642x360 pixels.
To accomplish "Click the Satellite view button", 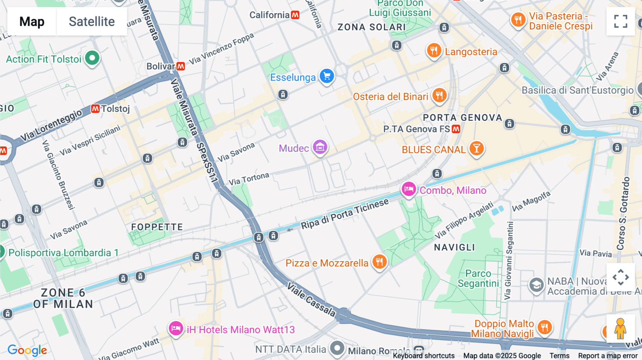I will point(92,21).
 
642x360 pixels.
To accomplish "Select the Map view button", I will point(32,21).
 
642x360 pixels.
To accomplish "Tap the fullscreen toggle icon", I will point(621,21).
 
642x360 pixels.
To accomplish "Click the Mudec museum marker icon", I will point(320,147).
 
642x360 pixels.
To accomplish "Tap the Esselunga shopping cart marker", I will point(327,76).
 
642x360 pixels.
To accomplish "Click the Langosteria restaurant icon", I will point(434,51).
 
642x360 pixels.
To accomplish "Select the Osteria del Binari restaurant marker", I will point(439,96).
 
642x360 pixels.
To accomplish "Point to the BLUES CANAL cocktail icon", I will point(477,148).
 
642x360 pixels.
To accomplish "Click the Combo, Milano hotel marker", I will point(409,189).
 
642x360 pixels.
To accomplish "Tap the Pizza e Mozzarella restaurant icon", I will point(379,262).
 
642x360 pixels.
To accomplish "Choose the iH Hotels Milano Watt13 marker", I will point(176,328).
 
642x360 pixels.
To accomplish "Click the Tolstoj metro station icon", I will point(95,109).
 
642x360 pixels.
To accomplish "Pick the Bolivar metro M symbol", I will point(181,66).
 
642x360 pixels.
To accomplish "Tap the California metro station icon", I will point(295,15).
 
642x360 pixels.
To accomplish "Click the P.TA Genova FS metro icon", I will point(456,129).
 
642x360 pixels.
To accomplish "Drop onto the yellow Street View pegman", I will point(620,329).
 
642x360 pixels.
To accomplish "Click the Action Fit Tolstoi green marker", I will point(92,58).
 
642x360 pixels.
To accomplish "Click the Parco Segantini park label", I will point(478,278).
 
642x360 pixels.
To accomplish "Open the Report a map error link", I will point(608,355).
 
